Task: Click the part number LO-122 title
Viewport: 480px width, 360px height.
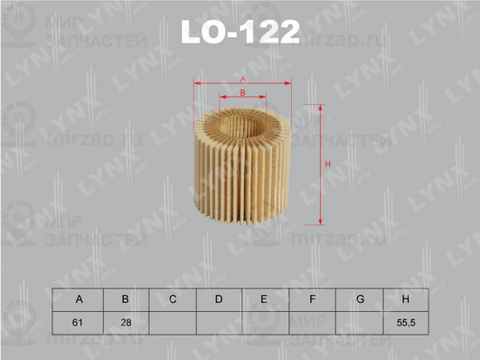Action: pos(240,33)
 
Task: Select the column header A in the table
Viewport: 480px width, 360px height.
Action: pos(79,298)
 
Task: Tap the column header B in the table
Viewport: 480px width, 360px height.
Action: pos(126,298)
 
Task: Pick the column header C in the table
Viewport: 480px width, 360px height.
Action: pos(172,298)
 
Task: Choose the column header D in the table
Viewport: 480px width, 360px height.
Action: pos(219,298)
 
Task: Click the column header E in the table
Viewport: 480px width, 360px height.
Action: pos(265,298)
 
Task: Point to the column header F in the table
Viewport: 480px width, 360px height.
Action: pos(312,298)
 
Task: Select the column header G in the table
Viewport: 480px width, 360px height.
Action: pos(359,298)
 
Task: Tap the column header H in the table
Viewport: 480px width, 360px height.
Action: pos(405,298)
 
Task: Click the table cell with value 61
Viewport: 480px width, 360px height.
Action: pos(79,322)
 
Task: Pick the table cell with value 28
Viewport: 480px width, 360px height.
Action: pos(126,322)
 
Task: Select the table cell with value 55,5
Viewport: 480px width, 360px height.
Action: pos(405,322)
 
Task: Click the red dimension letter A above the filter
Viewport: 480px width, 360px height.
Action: pos(242,80)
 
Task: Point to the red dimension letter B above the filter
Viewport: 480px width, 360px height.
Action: pos(242,93)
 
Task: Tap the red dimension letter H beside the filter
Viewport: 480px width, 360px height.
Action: pos(327,164)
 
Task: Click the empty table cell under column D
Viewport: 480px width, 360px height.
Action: pos(219,322)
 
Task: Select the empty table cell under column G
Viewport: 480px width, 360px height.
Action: pos(359,322)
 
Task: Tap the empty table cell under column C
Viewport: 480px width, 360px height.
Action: pos(172,322)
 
